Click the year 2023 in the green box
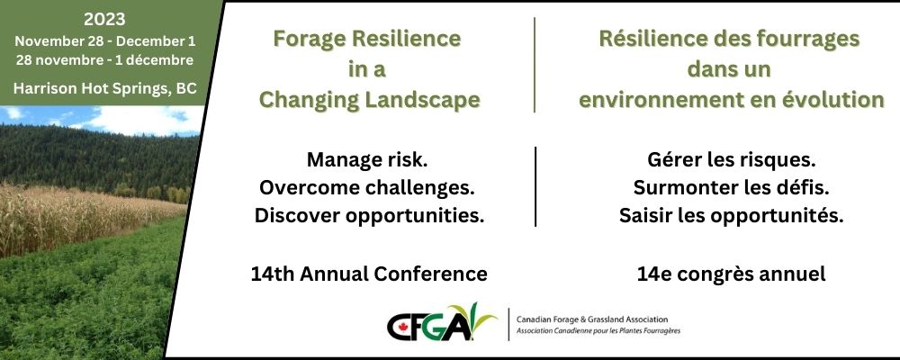tap(104, 20)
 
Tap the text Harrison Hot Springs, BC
tap(105, 88)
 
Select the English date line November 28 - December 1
tap(105, 42)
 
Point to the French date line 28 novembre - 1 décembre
tap(105, 60)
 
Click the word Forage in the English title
tap(310, 39)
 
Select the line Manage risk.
tap(367, 159)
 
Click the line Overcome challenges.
tap(367, 188)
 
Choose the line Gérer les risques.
tap(731, 160)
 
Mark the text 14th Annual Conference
tap(369, 274)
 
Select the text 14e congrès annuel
tap(731, 274)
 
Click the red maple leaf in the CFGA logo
tap(400, 327)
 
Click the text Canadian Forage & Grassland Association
tap(592, 319)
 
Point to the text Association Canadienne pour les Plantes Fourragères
tap(598, 331)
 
